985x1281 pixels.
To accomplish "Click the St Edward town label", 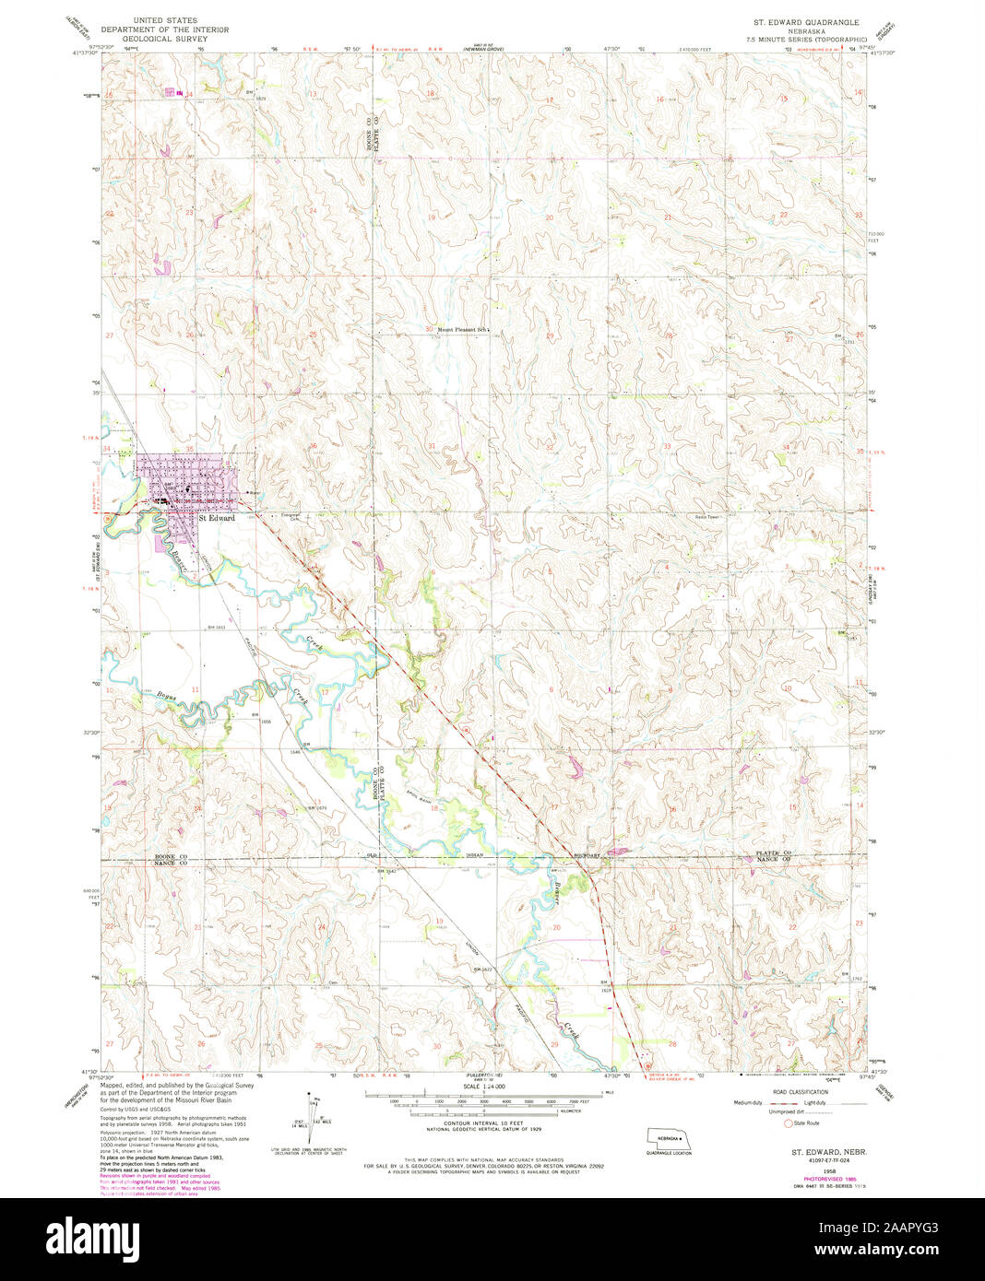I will click(x=217, y=518).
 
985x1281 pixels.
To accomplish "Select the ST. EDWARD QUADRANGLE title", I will click(x=805, y=21).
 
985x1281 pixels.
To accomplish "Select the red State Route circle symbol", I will click(x=787, y=1122).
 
